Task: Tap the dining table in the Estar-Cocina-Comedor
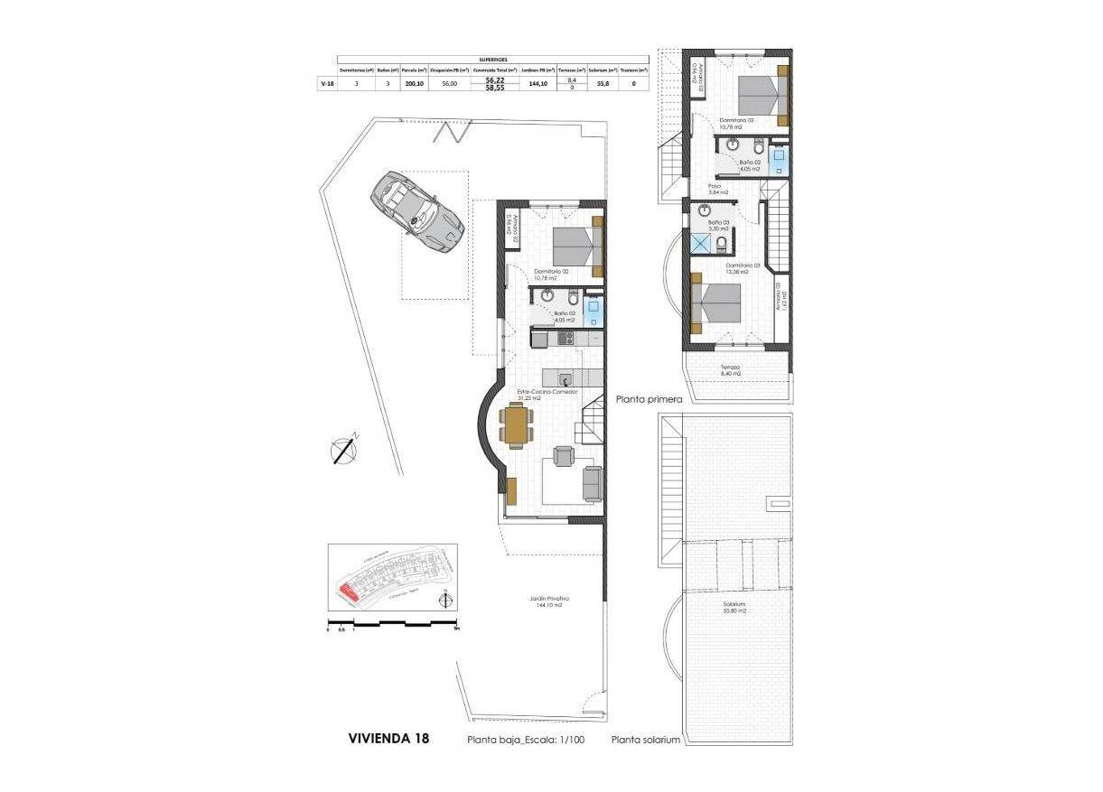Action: pyautogui.click(x=516, y=425)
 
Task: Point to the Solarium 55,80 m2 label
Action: pyautogui.click(x=734, y=608)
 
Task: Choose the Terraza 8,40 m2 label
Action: pyautogui.click(x=730, y=370)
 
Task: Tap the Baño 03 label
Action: pyautogui.click(x=718, y=225)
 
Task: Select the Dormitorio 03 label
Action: pyautogui.click(x=743, y=267)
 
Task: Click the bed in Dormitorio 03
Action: pyautogui.click(x=718, y=303)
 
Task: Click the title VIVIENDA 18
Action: pyautogui.click(x=388, y=738)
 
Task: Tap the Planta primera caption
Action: pyautogui.click(x=649, y=398)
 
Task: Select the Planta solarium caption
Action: pyautogui.click(x=645, y=740)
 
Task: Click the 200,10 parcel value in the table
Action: pyautogui.click(x=415, y=83)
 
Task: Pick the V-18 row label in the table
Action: pyautogui.click(x=327, y=83)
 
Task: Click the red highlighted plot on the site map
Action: pyautogui.click(x=348, y=592)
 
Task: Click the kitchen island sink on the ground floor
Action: pyautogui.click(x=565, y=379)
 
